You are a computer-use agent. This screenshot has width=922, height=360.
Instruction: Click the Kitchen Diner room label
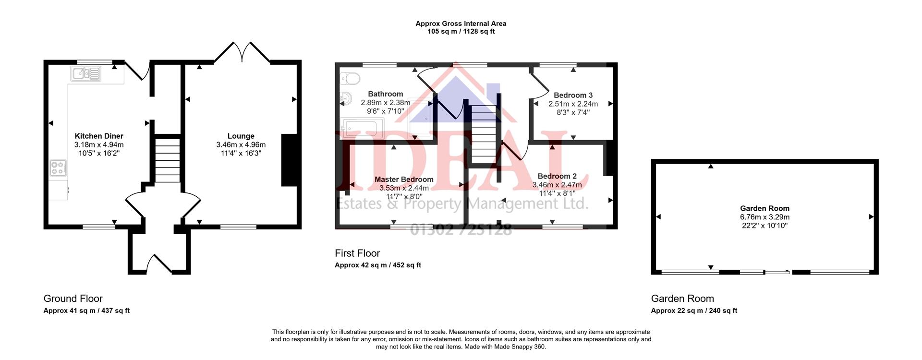point(99,136)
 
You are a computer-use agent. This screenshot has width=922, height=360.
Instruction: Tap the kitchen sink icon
point(86,74)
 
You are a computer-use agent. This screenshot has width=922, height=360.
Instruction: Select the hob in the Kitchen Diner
point(58,168)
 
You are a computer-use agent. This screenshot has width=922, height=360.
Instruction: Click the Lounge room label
point(241,136)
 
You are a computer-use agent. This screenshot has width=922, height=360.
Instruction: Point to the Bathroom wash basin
point(346,99)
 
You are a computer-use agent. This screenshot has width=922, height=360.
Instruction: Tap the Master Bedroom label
point(404,180)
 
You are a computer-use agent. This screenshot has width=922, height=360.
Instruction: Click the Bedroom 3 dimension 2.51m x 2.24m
point(573,104)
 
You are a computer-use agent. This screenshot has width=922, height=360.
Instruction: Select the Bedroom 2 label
point(557,176)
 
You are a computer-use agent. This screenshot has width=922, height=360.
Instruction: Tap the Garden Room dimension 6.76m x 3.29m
point(764,217)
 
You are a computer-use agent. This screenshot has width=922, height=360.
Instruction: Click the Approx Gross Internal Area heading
point(461,24)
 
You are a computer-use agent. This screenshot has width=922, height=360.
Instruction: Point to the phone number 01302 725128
point(461,230)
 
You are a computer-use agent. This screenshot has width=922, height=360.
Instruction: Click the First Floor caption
point(357,253)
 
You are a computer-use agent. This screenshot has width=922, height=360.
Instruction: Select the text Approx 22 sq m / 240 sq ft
point(694,311)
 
